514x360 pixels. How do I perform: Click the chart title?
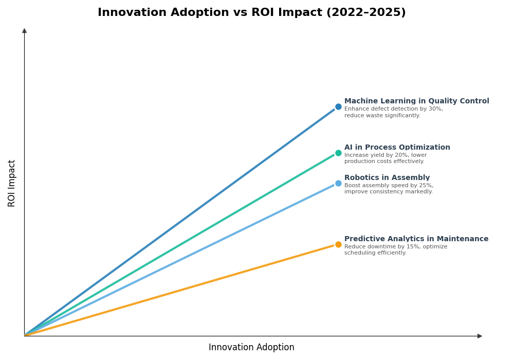tap(251, 12)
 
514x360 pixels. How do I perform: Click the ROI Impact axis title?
tap(12, 183)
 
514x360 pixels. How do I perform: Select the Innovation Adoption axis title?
tap(251, 347)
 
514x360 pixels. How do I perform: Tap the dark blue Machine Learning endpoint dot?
tap(338, 107)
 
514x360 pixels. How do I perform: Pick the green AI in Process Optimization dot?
tap(338, 153)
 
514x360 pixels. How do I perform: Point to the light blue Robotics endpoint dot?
tap(338, 183)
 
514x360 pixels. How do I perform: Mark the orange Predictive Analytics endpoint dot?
tap(338, 244)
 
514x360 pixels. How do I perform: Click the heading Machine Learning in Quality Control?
tap(416, 101)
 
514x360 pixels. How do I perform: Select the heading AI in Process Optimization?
tap(397, 148)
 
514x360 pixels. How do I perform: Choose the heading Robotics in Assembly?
tap(387, 178)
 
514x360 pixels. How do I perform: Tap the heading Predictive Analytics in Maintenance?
tap(416, 239)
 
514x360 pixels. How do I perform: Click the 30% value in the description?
tap(435, 109)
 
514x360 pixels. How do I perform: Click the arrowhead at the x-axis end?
tap(480, 336)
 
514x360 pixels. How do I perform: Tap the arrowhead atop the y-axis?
tap(24, 31)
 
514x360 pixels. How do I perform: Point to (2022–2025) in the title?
tap(365, 12)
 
